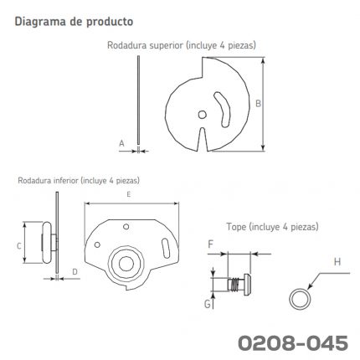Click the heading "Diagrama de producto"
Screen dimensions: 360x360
[74, 22]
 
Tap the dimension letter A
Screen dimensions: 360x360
[121, 143]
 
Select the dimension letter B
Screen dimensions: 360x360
[258, 104]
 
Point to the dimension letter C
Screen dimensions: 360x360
[19, 246]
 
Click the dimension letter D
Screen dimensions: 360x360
[75, 271]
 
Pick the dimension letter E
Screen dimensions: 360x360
[129, 194]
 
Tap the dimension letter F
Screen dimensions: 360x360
[210, 244]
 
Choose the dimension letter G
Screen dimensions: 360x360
[208, 304]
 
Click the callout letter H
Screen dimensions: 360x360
[337, 262]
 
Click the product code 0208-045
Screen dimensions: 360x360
[293, 343]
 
